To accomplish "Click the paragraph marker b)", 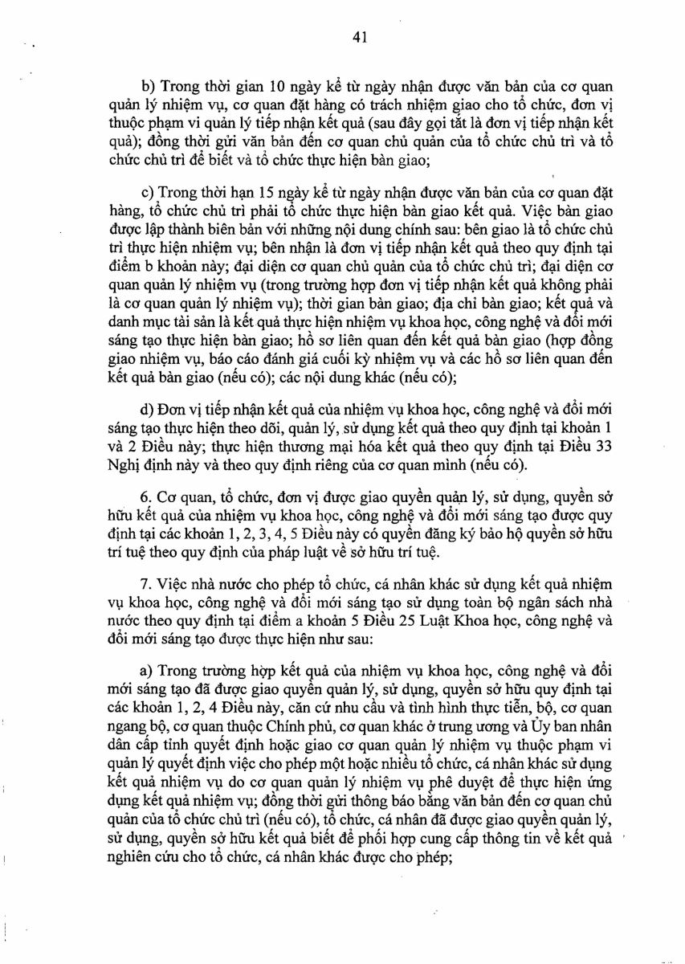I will (148, 86).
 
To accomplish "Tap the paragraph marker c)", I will (148, 194).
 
